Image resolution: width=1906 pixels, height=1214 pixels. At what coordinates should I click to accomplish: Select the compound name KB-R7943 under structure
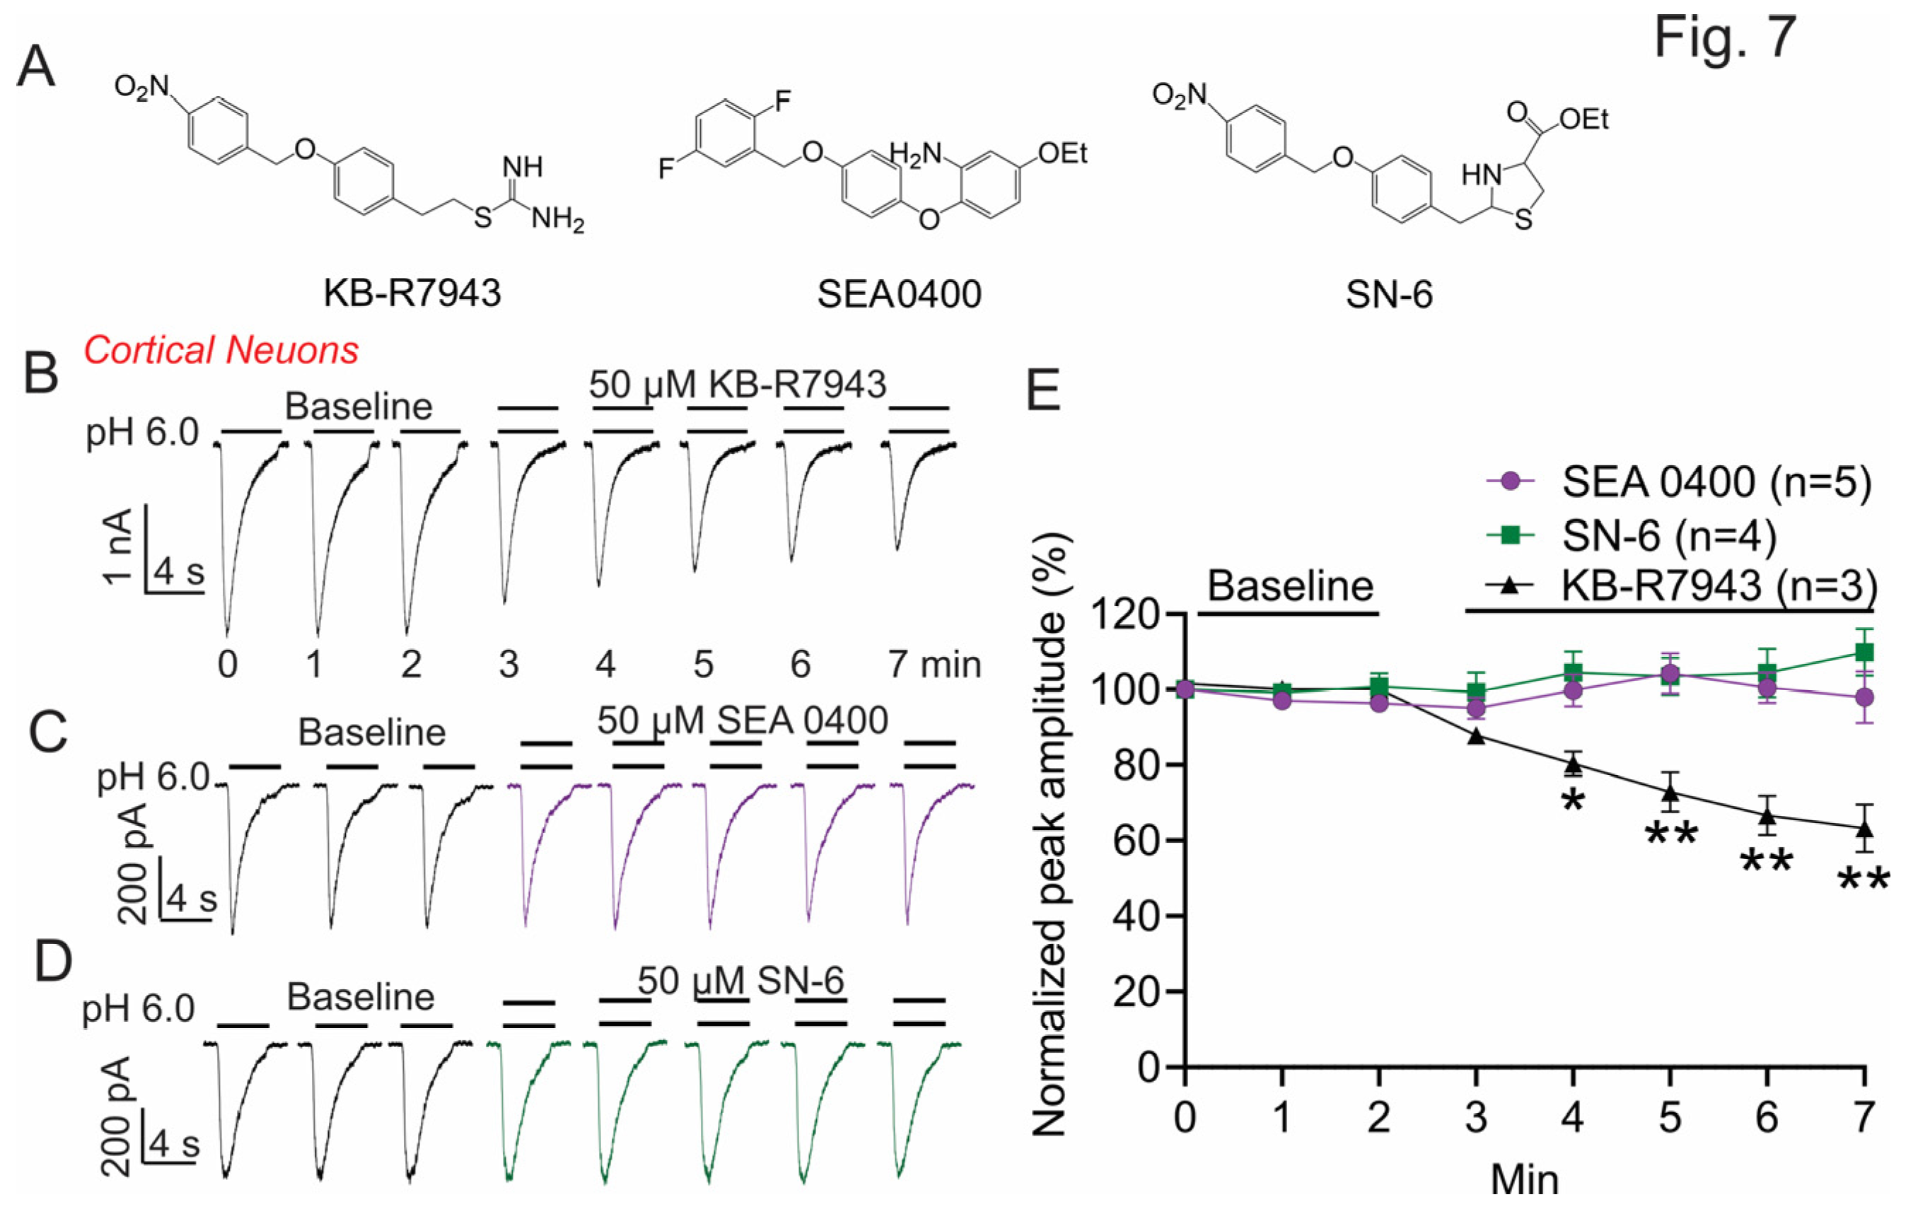[x=412, y=293]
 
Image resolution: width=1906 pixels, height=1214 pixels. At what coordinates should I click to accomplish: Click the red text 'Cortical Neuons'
[x=221, y=350]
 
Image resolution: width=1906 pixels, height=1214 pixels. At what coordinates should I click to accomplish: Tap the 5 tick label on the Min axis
[x=1670, y=1117]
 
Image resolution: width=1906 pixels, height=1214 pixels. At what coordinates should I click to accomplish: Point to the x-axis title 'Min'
[x=1525, y=1179]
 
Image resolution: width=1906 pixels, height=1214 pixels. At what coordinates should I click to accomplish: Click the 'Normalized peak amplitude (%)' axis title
[x=1051, y=835]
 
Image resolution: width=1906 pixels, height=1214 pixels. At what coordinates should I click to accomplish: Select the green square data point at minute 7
[x=1865, y=652]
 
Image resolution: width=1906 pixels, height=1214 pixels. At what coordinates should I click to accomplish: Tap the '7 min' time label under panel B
[x=934, y=663]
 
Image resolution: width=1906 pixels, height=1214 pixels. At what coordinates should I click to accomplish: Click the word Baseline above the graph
[x=1290, y=586]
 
